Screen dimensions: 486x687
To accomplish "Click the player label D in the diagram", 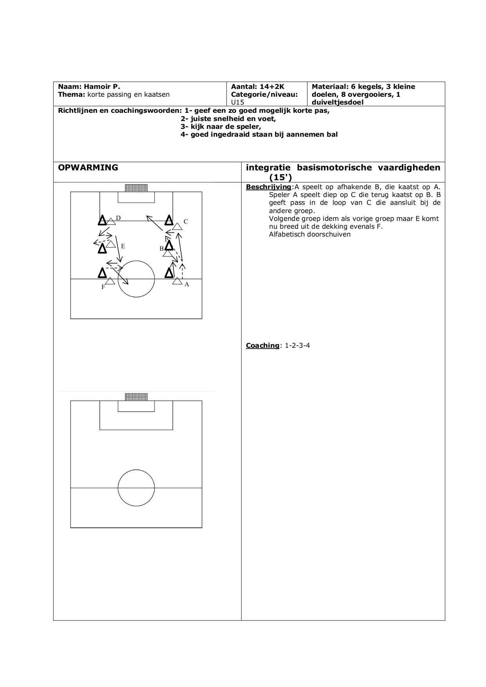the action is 118,218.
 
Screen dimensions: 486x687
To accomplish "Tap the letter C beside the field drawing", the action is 186,222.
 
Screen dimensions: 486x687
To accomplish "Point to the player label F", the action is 103,287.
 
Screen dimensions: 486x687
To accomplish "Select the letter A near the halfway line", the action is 187,284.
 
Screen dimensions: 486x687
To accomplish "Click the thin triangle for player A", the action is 177,281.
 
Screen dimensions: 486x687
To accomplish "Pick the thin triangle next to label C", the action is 177,226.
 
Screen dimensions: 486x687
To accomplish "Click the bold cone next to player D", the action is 102,220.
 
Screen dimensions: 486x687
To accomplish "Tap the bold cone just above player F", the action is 102,273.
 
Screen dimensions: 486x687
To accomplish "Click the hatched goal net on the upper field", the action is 136,188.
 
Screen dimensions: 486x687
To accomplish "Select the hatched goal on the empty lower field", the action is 136,397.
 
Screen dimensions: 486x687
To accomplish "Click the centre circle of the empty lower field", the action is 136,470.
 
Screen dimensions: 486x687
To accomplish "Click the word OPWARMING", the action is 88,168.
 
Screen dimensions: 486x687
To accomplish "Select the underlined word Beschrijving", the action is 269,187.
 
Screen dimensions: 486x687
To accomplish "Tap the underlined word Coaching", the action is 262,345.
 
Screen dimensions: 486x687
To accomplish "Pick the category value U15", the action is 237,102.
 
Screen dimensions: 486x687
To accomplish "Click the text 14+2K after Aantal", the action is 272,87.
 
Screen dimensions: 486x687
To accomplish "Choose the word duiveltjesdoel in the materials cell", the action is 338,103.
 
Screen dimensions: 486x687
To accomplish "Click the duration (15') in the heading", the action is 281,177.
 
